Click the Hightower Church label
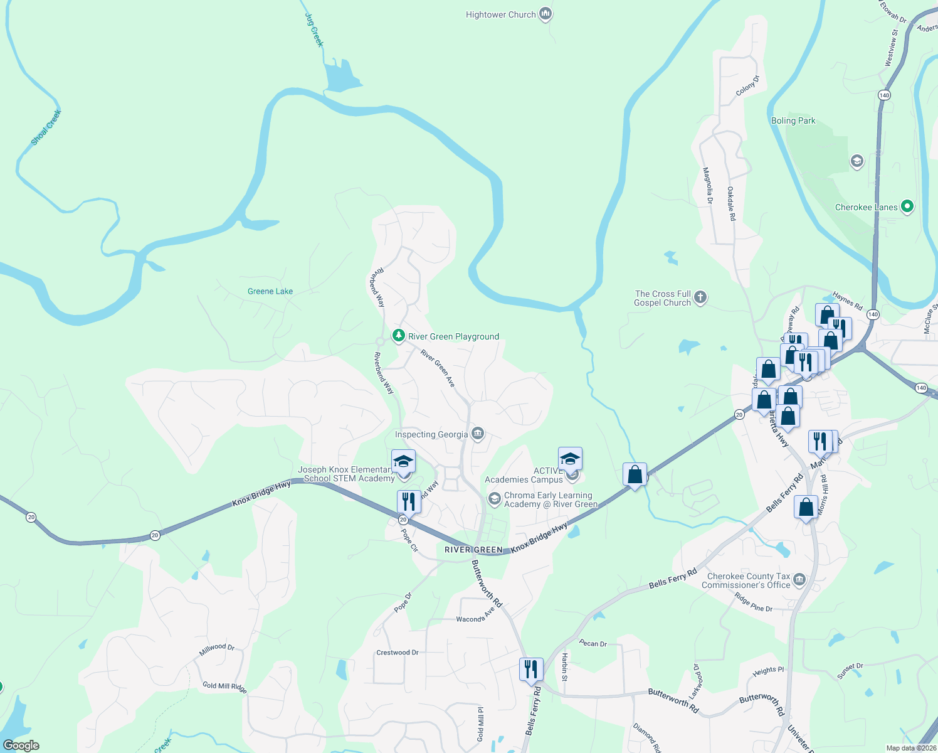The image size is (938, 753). (x=500, y=15)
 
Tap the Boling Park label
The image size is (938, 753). (x=793, y=121)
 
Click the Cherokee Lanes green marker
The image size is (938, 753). (x=907, y=206)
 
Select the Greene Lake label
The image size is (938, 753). (x=270, y=291)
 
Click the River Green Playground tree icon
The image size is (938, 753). (x=398, y=336)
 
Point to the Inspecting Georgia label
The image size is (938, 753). (x=431, y=434)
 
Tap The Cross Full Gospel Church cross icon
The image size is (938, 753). (x=700, y=297)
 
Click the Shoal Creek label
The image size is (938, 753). (x=46, y=127)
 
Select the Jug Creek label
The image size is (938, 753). (x=314, y=29)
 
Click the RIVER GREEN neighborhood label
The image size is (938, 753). (x=473, y=550)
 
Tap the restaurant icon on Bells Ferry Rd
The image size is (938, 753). (x=530, y=669)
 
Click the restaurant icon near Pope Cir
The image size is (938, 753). (x=409, y=501)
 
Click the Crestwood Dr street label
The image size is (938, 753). (x=398, y=653)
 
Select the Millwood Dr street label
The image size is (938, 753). (x=217, y=649)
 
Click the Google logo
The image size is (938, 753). (x=21, y=745)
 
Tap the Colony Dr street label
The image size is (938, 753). (x=747, y=86)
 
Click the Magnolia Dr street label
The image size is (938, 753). (x=708, y=186)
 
